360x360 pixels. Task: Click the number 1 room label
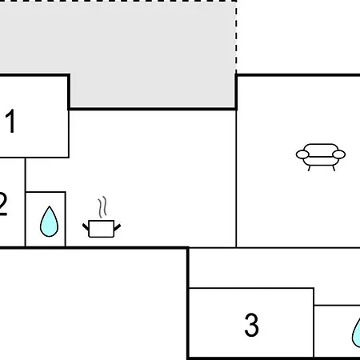(10, 121)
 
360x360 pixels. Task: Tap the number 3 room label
(251, 325)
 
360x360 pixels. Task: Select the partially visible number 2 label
(3, 204)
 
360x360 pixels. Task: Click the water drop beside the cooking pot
(49, 222)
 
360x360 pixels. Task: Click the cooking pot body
(102, 229)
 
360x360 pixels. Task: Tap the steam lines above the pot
(102, 207)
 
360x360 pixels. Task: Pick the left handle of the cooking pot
(86, 227)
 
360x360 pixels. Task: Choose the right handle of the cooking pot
(118, 227)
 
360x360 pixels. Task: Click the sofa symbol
(321, 157)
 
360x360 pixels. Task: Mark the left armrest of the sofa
(302, 154)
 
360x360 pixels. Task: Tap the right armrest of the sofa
(339, 154)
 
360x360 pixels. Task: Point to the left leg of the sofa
(310, 168)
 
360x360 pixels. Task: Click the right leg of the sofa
(334, 168)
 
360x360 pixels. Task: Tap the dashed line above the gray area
(118, 1)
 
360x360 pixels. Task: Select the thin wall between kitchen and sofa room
(236, 178)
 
